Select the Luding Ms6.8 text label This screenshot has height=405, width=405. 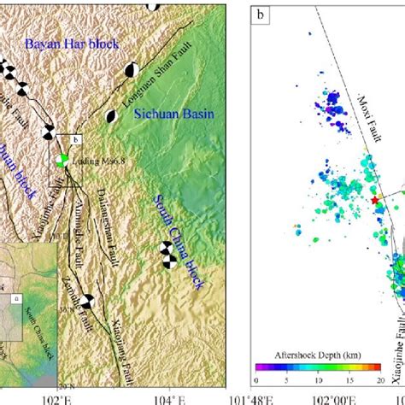(x=96, y=161)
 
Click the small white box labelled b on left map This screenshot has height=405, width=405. (x=74, y=139)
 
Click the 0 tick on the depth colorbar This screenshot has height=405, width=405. (x=256, y=378)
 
